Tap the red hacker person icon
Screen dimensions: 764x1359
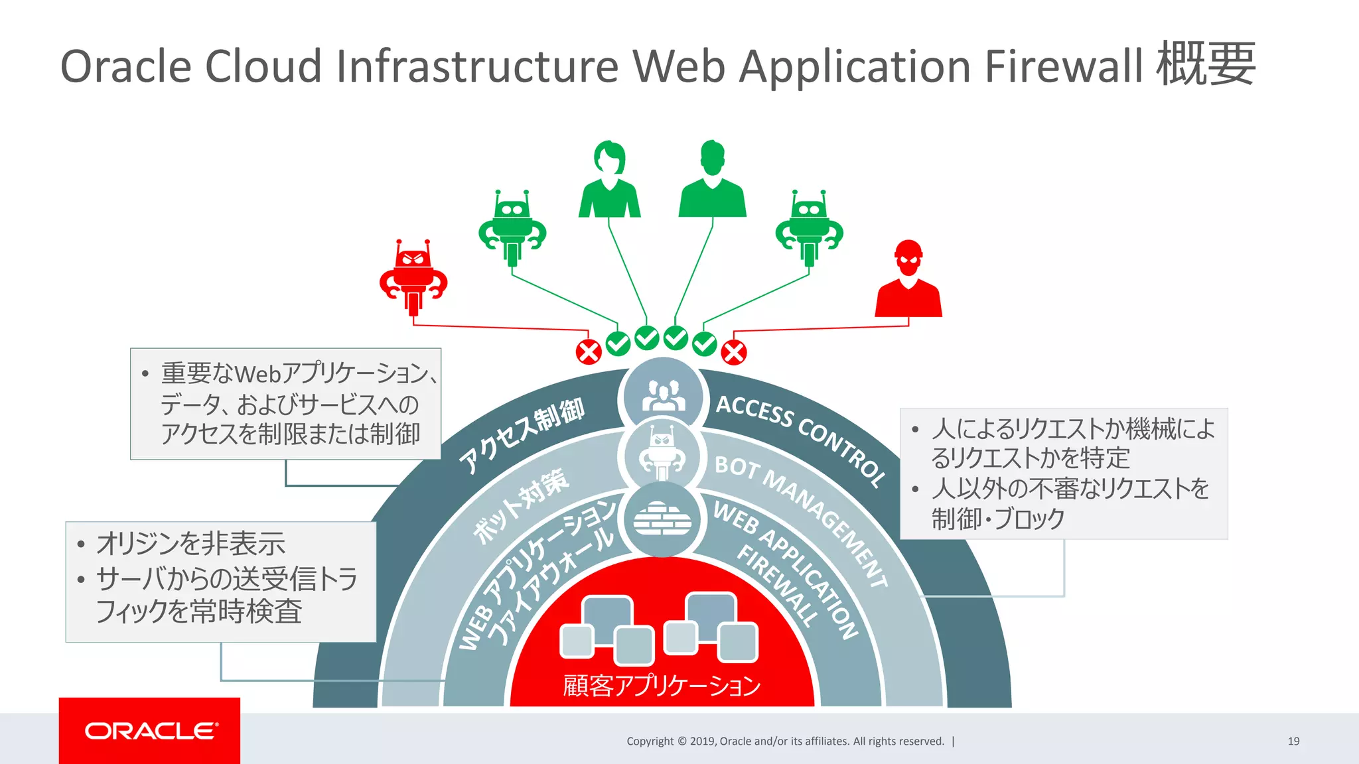[908, 279]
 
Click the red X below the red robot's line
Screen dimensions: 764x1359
[588, 352]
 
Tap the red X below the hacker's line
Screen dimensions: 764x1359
[734, 352]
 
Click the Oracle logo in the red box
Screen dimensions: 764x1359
[150, 731]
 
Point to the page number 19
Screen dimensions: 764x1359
[1293, 741]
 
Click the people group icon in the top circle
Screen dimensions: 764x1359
[662, 397]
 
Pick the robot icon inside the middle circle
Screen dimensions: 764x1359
[662, 456]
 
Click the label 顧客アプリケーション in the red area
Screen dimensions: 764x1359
[662, 686]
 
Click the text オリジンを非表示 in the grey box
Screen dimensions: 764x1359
[191, 544]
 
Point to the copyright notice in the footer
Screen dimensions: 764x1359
[785, 741]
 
